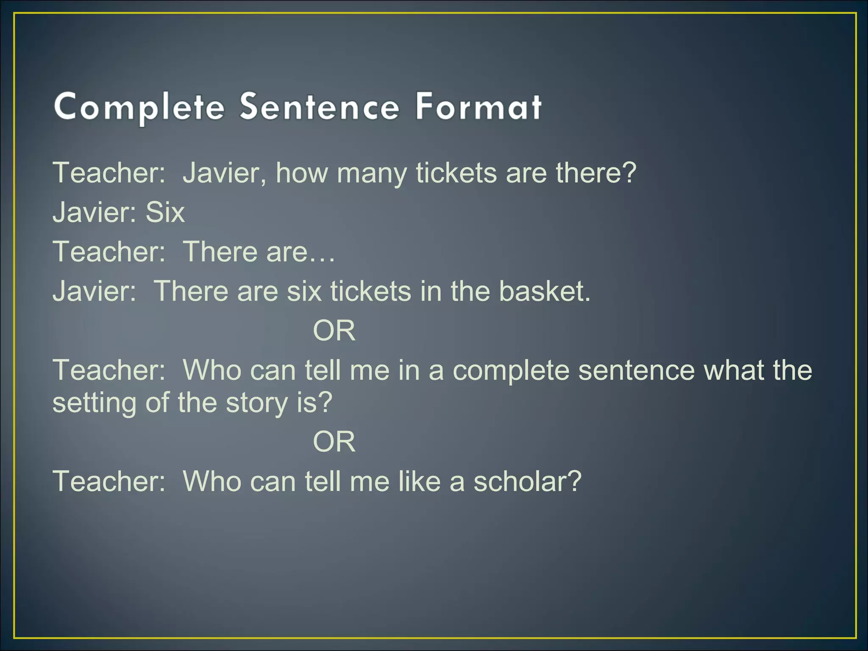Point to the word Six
point(165,212)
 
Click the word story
point(257,403)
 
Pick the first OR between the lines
point(334,331)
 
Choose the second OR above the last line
point(334,442)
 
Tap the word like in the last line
point(420,481)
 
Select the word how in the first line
point(302,173)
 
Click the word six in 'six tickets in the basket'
point(304,291)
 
